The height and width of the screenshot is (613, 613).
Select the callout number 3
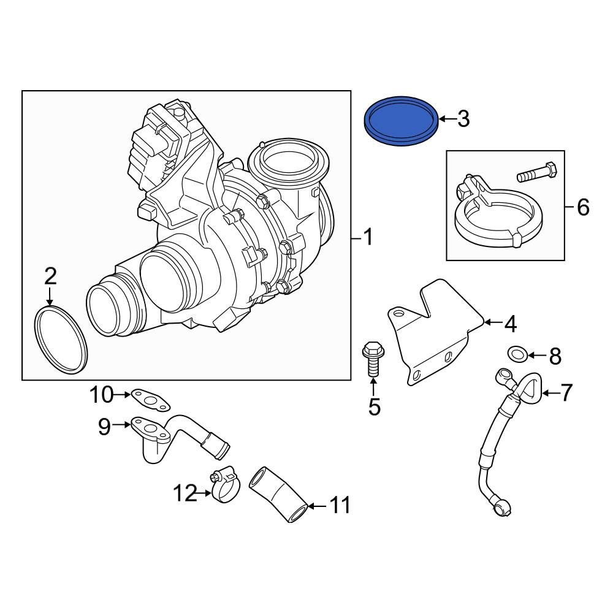[x=463, y=118]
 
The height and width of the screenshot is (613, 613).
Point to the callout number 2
[x=50, y=276]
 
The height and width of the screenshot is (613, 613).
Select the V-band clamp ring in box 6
[x=497, y=227]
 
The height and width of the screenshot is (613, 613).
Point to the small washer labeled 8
[x=517, y=354]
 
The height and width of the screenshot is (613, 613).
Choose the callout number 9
[x=105, y=425]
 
